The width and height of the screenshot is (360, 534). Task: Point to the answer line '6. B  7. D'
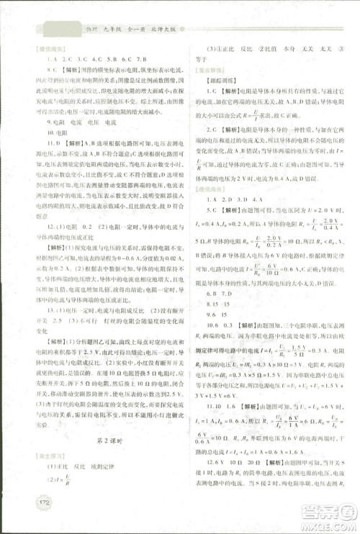[x=216, y=294]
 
